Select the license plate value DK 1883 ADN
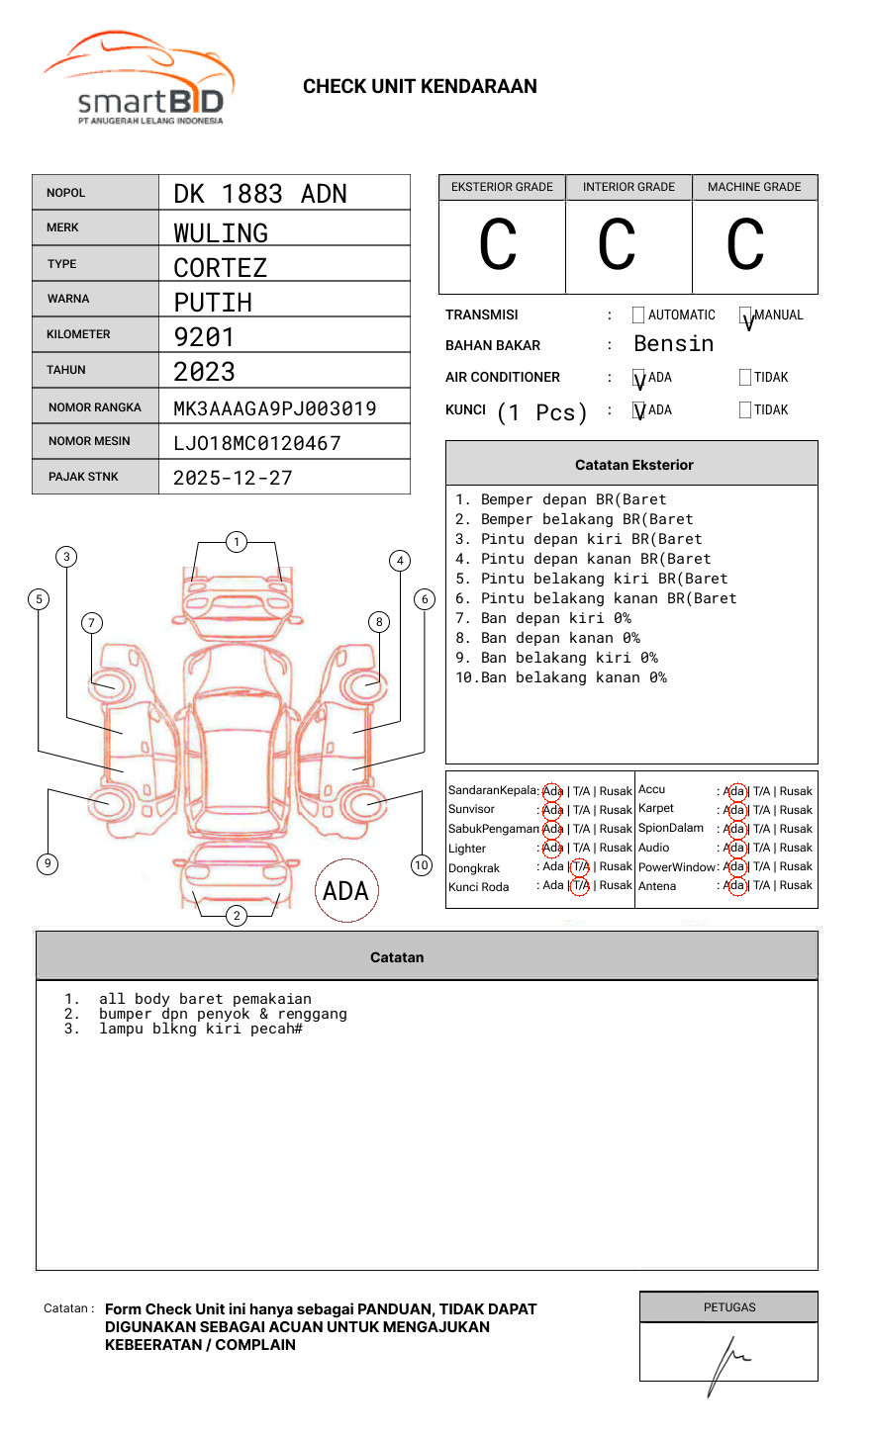pyautogui.click(x=260, y=194)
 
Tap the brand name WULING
pyautogui.click(x=221, y=233)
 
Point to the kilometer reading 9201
pyautogui.click(x=205, y=337)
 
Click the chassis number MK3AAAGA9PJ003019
pyautogui.click(x=275, y=408)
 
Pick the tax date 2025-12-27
pyautogui.click(x=233, y=478)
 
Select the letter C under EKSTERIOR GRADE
pyautogui.click(x=498, y=245)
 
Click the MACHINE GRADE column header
pyautogui.click(x=754, y=187)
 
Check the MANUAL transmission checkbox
pyautogui.click(x=746, y=316)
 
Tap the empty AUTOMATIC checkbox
pyautogui.click(x=638, y=315)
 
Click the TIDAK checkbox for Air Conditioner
pyautogui.click(x=745, y=378)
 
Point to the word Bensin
pyautogui.click(x=673, y=344)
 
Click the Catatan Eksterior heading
pyautogui.click(x=633, y=465)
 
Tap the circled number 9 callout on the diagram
pyautogui.click(x=48, y=863)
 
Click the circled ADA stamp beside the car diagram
pyautogui.click(x=345, y=891)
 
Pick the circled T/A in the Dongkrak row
pyautogui.click(x=580, y=867)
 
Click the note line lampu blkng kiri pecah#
pyautogui.click(x=200, y=1029)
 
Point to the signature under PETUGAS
pyautogui.click(x=727, y=1363)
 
